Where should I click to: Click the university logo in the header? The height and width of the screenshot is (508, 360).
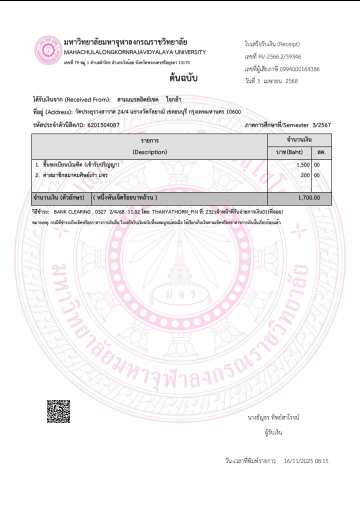(x=47, y=51)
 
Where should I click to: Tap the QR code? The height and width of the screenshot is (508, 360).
(x=58, y=411)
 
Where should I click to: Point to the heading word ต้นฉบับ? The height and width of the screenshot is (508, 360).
(x=183, y=78)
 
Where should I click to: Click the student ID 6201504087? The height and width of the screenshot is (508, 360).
(x=103, y=124)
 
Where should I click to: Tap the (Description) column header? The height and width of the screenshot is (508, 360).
(x=149, y=152)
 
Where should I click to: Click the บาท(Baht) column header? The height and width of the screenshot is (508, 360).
(x=289, y=152)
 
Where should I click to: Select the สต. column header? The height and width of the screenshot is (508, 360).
(x=321, y=152)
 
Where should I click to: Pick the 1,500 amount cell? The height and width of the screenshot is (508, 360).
(x=303, y=164)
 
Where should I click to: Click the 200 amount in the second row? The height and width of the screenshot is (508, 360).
(x=305, y=175)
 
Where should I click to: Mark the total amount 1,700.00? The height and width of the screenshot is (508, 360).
(x=308, y=197)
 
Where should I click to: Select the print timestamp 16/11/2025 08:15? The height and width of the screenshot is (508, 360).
(x=305, y=460)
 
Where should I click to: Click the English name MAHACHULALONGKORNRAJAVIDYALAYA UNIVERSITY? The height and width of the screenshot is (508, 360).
(x=135, y=52)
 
